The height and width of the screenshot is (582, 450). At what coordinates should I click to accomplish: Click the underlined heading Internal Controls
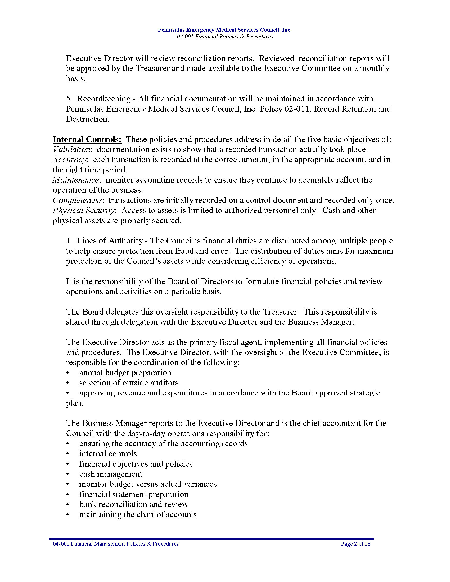[x=87, y=139]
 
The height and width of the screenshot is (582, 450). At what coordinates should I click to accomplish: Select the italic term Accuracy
[x=70, y=160]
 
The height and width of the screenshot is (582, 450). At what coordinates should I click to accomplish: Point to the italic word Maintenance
[x=76, y=180]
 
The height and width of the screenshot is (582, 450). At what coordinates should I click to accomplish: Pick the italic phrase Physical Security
[x=84, y=210]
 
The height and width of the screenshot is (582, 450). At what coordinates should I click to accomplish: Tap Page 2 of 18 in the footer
[x=355, y=544]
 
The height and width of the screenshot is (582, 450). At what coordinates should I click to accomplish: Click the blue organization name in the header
[x=224, y=30]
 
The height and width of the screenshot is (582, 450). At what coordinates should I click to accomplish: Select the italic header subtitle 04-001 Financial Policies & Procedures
[x=225, y=37]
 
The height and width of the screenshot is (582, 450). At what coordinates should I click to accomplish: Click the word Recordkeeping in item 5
[x=104, y=99]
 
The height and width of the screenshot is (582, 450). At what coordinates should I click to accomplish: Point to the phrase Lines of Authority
[x=110, y=241]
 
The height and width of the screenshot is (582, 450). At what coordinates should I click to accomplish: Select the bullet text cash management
[x=111, y=474]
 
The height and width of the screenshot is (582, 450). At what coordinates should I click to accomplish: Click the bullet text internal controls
[x=108, y=454]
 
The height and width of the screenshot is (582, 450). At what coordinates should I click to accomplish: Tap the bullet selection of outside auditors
[x=128, y=383]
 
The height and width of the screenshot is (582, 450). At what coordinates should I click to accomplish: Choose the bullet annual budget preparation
[x=125, y=373]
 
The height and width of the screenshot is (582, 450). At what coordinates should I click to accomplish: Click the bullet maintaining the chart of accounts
[x=138, y=515]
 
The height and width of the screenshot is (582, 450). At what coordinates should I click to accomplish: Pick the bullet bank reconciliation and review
[x=134, y=504]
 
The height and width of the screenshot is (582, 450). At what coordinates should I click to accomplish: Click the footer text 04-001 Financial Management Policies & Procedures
[x=116, y=544]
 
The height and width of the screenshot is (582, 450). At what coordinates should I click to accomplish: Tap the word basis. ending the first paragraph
[x=76, y=79]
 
